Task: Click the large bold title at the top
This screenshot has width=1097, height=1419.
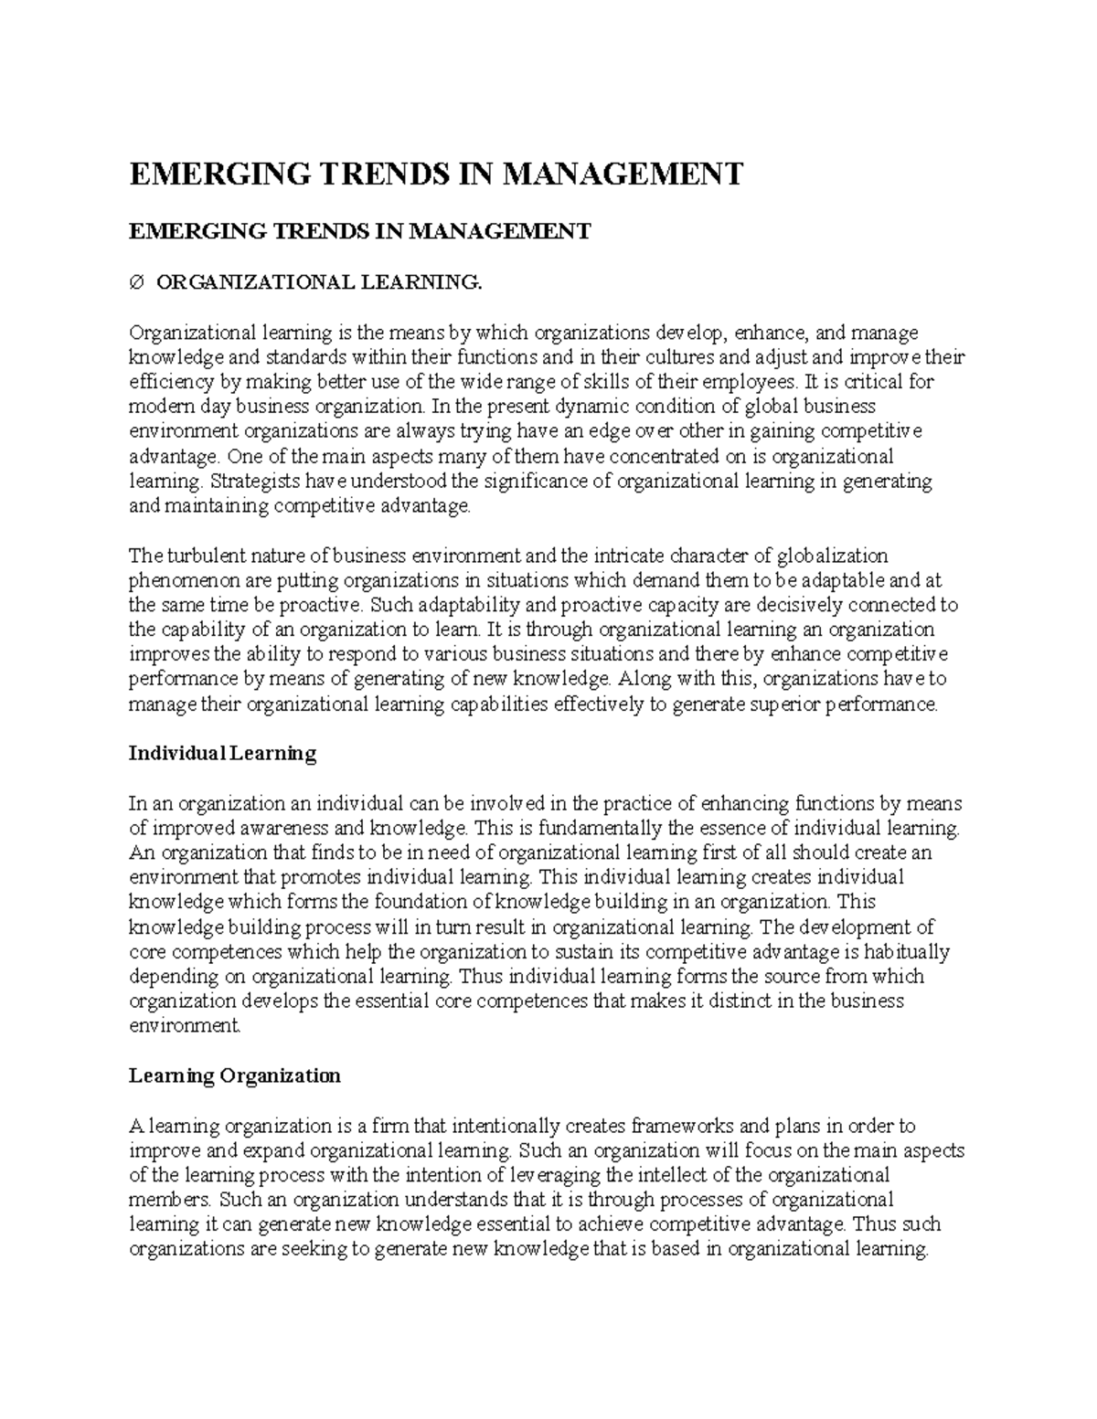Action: coord(436,174)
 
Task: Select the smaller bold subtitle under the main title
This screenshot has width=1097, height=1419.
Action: coord(359,231)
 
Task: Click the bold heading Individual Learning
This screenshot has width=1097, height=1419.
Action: coord(222,754)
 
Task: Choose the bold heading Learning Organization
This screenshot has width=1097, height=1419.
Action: coord(234,1075)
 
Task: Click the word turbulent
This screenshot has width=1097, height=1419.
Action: coord(202,556)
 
